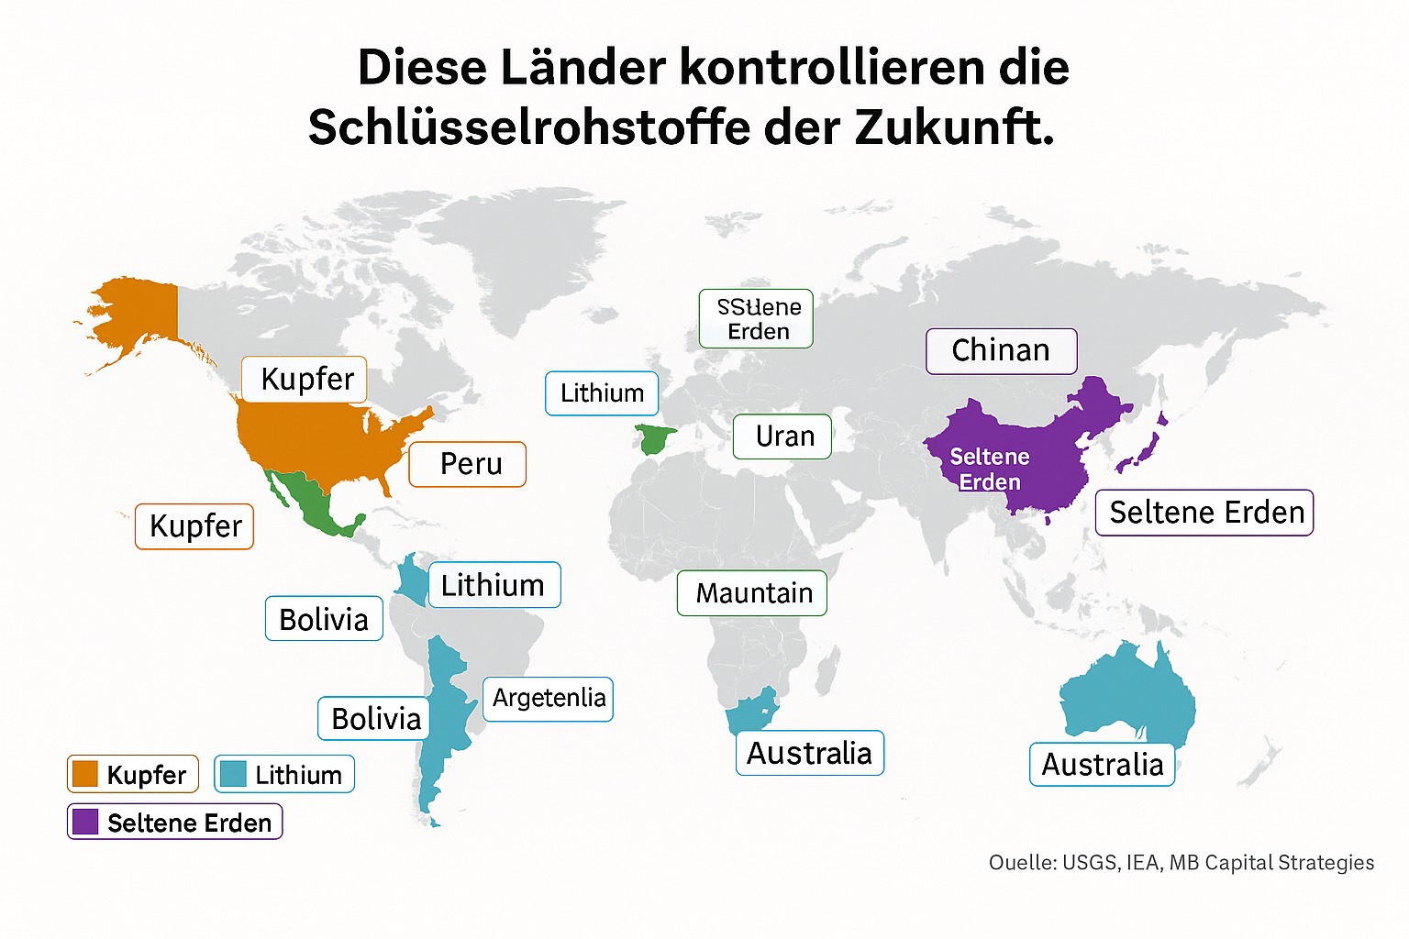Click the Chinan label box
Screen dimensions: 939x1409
tap(1001, 351)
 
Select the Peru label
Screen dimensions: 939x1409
tap(468, 464)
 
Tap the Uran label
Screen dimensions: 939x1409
tap(782, 436)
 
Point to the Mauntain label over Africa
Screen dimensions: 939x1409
tap(752, 593)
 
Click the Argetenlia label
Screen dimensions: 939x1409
tap(549, 699)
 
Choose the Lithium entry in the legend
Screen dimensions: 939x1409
tap(284, 775)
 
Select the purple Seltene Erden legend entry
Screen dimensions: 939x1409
tap(175, 823)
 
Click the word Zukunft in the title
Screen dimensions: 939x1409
tap(954, 127)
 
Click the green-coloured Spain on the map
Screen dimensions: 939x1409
tap(655, 438)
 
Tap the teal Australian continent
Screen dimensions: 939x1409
tap(1128, 697)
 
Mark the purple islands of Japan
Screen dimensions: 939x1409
tap(1142, 449)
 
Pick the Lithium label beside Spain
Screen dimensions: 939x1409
tap(602, 393)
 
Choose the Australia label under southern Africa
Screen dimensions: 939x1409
tap(809, 754)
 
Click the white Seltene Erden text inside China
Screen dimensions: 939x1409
tap(990, 469)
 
